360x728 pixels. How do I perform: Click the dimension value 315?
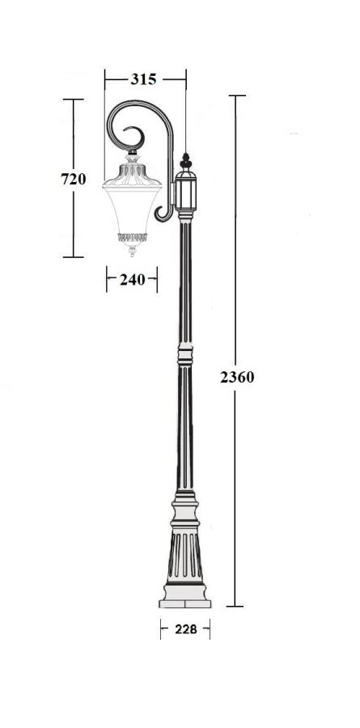pos(143,79)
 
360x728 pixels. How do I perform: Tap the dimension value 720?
pos(74,179)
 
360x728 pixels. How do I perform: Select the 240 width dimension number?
pos(133,280)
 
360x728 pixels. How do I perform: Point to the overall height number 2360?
pos(237,378)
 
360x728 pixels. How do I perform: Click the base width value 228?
pos(186,629)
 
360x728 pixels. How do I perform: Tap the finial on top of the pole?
pos(186,161)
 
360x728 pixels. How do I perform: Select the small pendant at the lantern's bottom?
pos(133,252)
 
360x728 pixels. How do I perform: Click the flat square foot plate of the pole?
pos(185,603)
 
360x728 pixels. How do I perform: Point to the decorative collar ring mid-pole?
pos(185,356)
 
